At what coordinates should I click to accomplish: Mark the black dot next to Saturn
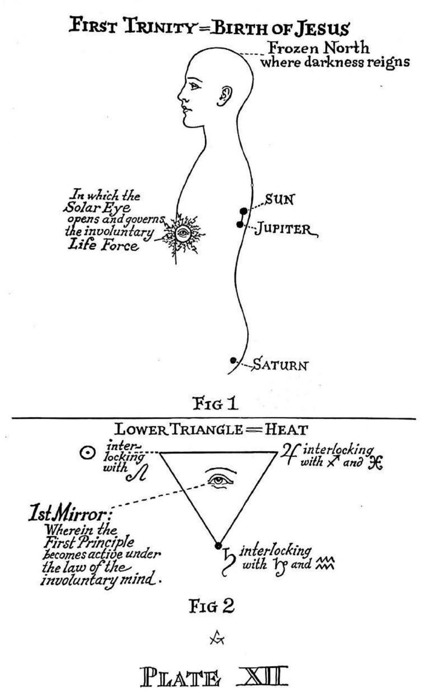(233, 360)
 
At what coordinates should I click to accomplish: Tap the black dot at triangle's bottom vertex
(218, 545)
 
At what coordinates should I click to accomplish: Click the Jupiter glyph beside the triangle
(287, 455)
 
